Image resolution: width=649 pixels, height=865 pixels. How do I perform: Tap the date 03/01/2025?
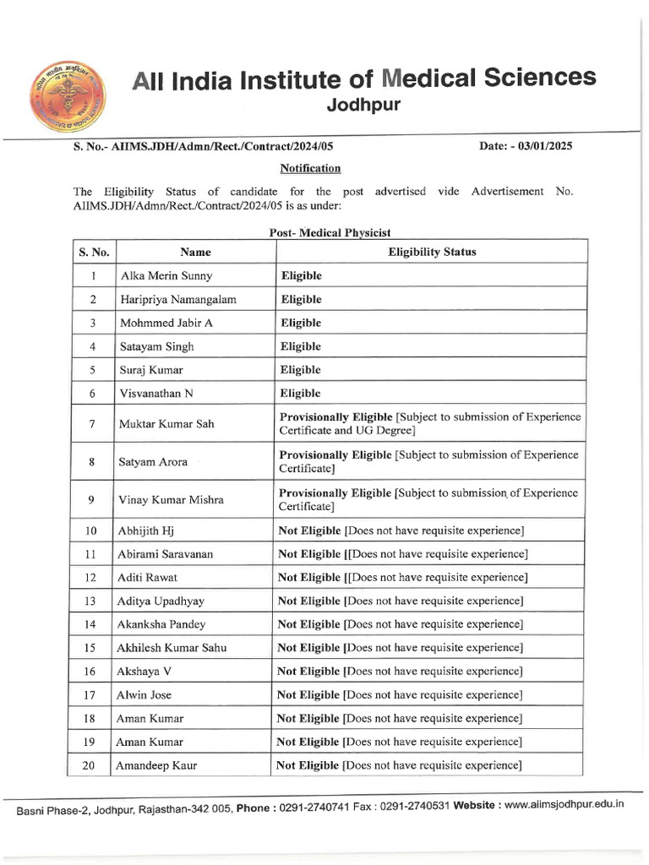click(542, 146)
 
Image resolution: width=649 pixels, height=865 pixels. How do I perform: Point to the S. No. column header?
click(91, 252)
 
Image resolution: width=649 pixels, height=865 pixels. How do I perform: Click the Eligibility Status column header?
click(432, 252)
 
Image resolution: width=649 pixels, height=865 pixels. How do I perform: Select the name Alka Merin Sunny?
click(166, 276)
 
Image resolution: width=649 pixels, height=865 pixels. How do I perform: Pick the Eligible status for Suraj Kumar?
click(301, 370)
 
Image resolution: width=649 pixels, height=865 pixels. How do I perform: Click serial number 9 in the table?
click(91, 499)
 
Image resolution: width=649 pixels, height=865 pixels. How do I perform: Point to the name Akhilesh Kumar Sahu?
click(172, 648)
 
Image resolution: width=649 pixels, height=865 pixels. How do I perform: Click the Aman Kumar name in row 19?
click(151, 743)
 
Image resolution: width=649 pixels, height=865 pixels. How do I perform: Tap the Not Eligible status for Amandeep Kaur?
click(308, 765)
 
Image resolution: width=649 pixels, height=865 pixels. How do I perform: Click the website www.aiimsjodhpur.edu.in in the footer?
click(564, 805)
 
